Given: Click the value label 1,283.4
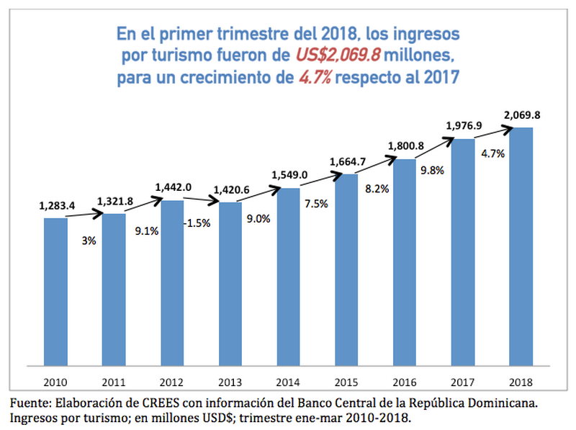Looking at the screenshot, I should click(56, 206).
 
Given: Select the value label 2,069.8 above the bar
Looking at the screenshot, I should click(521, 114).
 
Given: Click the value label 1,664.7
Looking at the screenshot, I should click(347, 161).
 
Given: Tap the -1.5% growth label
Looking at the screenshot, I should click(196, 223).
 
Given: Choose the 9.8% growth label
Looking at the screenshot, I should click(429, 171).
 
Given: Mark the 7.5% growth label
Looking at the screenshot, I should click(314, 204).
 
